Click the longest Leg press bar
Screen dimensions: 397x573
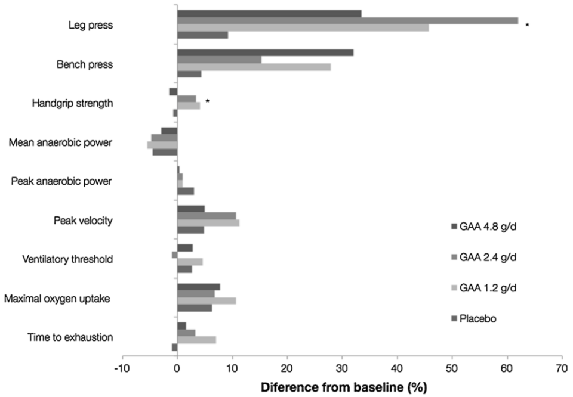(347, 21)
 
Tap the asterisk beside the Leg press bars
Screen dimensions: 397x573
(527, 26)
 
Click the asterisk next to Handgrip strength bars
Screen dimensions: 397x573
(207, 101)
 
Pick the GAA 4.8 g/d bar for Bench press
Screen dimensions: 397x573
(265, 52)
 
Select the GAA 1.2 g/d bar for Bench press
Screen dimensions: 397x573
(254, 67)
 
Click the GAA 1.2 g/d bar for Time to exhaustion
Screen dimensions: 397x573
(196, 340)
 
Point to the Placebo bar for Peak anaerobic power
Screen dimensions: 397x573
(186, 191)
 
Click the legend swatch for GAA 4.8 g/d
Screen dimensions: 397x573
(453, 227)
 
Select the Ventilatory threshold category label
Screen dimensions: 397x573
(67, 260)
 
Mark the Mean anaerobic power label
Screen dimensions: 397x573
(61, 142)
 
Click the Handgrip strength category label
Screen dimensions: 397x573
(72, 103)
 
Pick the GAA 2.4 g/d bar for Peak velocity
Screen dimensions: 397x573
(207, 215)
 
